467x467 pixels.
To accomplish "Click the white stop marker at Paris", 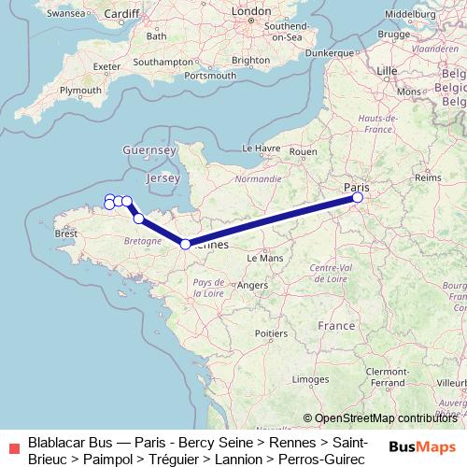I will [x=358, y=197].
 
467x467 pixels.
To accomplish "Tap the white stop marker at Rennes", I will [x=185, y=244].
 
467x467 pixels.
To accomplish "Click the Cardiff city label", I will [x=121, y=14].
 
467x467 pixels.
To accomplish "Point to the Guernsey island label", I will [x=149, y=149].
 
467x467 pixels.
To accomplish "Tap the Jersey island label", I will [x=163, y=177].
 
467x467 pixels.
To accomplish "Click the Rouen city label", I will [x=304, y=151].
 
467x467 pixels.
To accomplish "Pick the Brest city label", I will [x=67, y=233].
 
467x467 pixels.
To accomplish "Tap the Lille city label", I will [x=386, y=70].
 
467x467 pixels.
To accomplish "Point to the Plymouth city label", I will [x=80, y=90].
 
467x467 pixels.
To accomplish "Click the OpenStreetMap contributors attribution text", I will [x=385, y=418].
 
